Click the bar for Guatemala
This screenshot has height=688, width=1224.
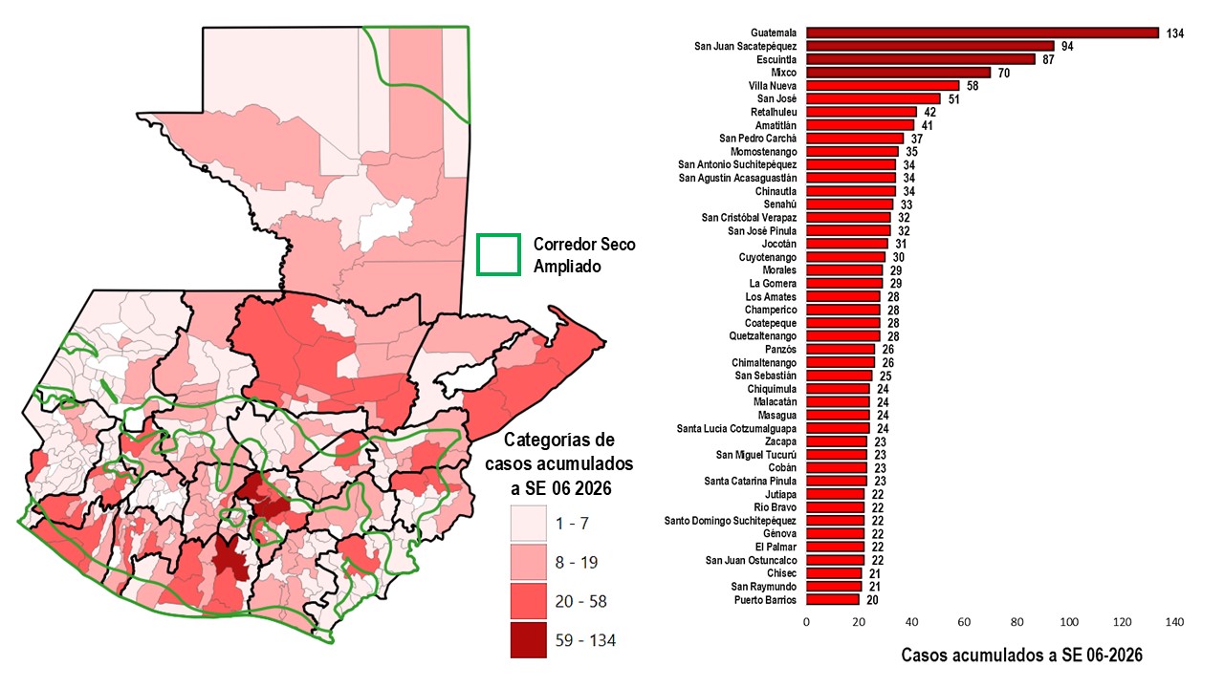coord(982,32)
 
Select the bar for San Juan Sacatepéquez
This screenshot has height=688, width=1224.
coord(929,46)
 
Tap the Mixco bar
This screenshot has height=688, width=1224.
coord(898,72)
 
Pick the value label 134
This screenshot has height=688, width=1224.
coord(1175,33)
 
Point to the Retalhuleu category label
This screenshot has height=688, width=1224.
coord(773,112)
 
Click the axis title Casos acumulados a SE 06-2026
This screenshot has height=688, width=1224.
coord(1021,656)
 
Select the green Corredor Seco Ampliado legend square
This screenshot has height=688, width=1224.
coord(499,254)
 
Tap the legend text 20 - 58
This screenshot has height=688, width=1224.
coord(581,602)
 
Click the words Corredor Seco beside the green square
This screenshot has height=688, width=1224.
coord(583,245)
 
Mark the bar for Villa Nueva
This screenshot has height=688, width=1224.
coord(882,85)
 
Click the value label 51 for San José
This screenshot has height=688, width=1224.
coord(953,98)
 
